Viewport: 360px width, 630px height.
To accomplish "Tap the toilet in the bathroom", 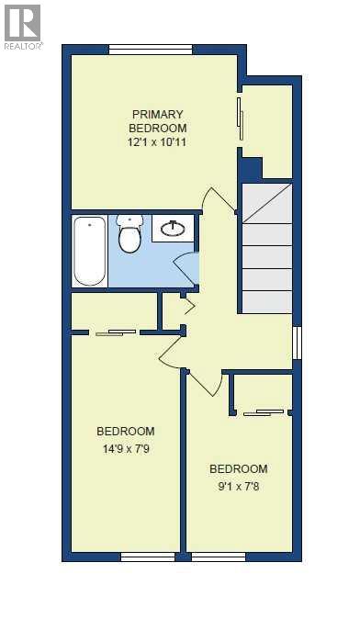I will click(x=129, y=234).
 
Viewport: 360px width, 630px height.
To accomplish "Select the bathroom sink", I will click(x=174, y=227).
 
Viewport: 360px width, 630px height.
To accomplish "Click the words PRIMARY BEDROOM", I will click(x=158, y=121).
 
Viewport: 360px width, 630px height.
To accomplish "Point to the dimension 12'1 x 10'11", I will click(x=158, y=143).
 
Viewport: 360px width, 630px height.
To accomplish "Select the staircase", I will click(x=266, y=247).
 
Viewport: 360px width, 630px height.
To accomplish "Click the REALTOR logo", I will click(x=21, y=25).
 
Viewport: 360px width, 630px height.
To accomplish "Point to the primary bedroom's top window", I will click(x=163, y=49).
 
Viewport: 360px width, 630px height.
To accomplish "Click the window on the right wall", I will click(x=296, y=342).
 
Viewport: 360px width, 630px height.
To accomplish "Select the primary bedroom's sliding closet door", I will click(x=240, y=118).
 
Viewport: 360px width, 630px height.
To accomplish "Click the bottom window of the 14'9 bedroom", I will click(x=148, y=557).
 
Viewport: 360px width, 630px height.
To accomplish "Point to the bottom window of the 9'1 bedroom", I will click(x=218, y=557).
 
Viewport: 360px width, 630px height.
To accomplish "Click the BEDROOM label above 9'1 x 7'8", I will click(x=238, y=468).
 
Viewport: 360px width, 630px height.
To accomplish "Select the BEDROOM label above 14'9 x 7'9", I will click(x=126, y=431).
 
